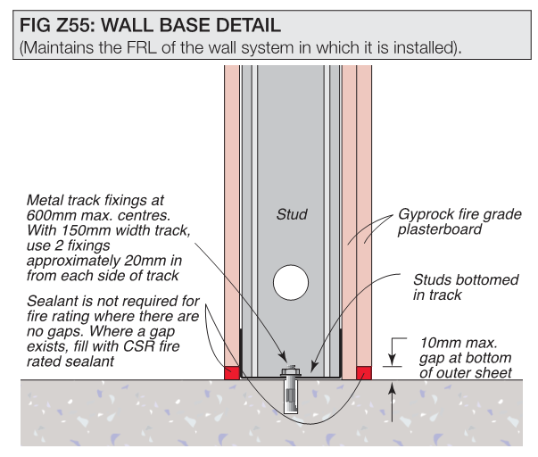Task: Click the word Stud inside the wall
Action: [292, 214]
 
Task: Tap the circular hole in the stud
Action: [291, 283]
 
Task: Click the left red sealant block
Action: [232, 373]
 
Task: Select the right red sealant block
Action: [364, 373]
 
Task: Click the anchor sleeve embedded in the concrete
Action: [291, 395]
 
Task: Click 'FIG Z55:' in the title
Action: [57, 25]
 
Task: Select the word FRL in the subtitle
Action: [141, 47]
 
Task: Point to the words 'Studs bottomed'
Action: [466, 280]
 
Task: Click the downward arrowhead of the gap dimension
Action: [393, 361]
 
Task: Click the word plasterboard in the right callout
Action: [440, 230]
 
